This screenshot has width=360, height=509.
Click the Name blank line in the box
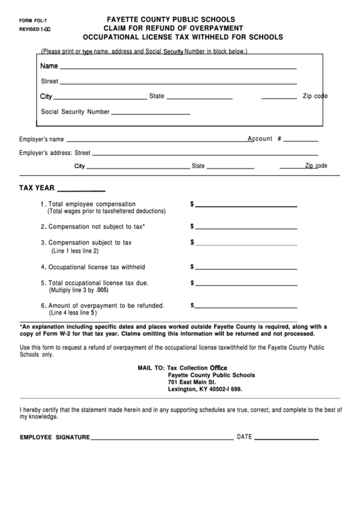pos(178,69)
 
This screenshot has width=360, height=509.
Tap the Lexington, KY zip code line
pos(204,390)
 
